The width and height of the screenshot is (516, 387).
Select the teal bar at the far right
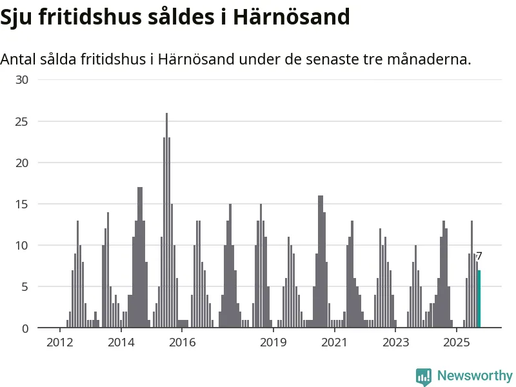pyautogui.click(x=479, y=299)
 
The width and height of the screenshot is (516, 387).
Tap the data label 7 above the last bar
pyautogui.click(x=479, y=257)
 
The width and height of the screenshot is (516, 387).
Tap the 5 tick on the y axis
pyautogui.click(x=26, y=286)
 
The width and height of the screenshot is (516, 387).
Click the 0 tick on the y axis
pyautogui.click(x=26, y=328)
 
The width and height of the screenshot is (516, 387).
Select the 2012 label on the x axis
pyautogui.click(x=59, y=342)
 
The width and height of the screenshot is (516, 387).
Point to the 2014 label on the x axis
pyautogui.click(x=121, y=342)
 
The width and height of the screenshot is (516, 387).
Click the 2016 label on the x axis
pyautogui.click(x=182, y=342)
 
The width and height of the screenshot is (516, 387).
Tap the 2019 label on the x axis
pyautogui.click(x=273, y=342)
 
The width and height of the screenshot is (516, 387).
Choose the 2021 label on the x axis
pyautogui.click(x=334, y=342)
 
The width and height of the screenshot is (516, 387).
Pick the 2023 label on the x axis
pyautogui.click(x=395, y=342)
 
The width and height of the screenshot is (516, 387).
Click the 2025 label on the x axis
pyautogui.click(x=456, y=342)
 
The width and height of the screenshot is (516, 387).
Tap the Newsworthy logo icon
pyautogui.click(x=423, y=377)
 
